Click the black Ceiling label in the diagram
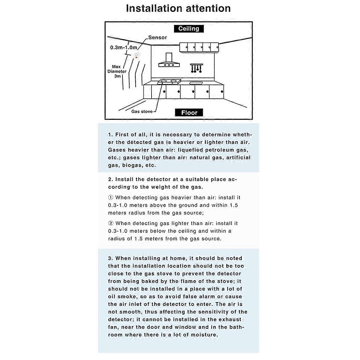click(x=189, y=29)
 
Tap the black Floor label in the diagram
click(x=189, y=113)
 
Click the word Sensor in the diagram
click(x=157, y=37)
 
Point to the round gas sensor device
click(x=137, y=55)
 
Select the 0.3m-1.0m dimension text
click(x=123, y=47)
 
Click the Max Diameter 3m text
click(x=117, y=71)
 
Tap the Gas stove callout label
click(x=142, y=111)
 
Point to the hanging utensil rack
click(x=196, y=68)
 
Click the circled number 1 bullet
click(x=111, y=197)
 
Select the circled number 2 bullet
click(x=111, y=223)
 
